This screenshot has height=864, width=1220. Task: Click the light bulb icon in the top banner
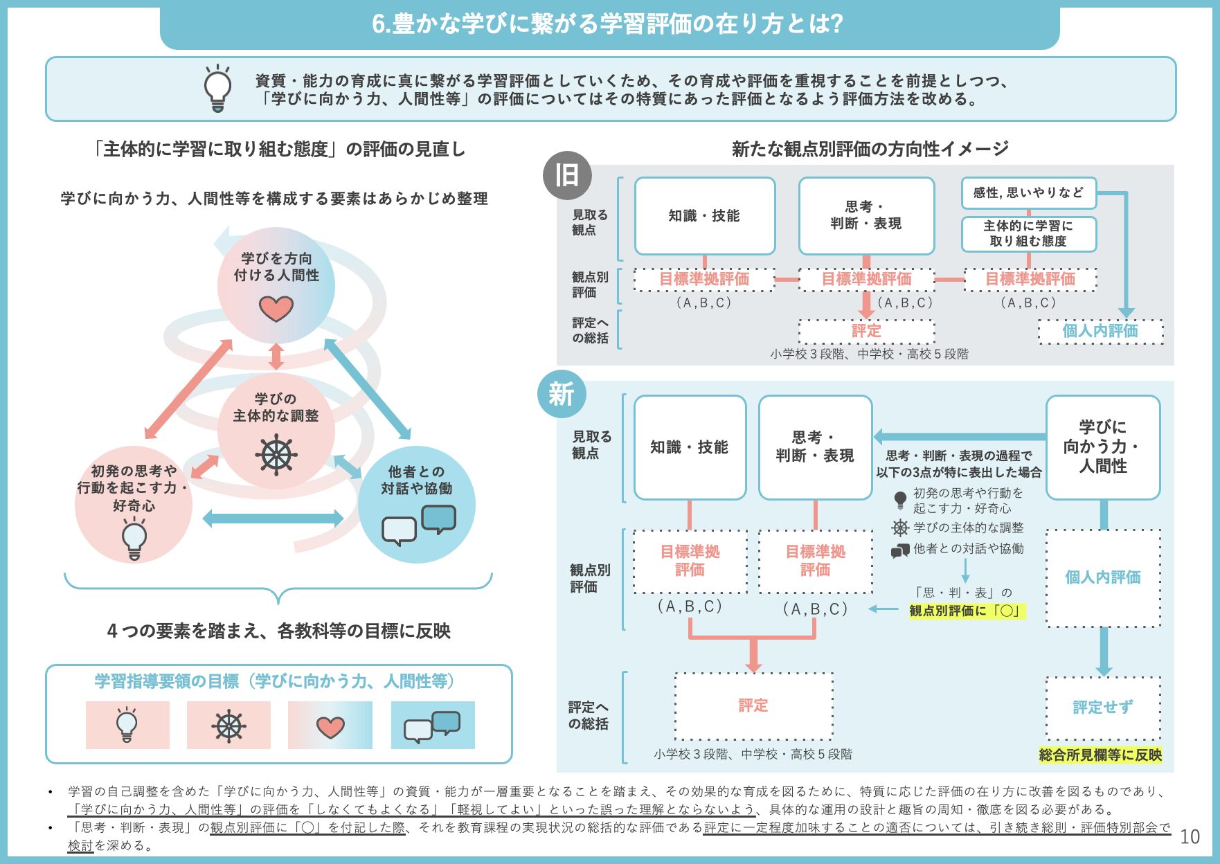217,88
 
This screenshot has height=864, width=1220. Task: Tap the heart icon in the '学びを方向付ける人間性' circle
276,308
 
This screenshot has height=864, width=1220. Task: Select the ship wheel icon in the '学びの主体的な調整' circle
276,455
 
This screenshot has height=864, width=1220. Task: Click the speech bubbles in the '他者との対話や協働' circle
419,525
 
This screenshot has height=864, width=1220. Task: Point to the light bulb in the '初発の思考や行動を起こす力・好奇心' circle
134,539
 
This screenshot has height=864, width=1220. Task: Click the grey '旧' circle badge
567,176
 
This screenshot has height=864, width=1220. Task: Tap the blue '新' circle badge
562,395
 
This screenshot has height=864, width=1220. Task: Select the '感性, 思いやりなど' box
1028,193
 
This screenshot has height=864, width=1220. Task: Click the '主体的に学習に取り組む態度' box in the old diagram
1028,234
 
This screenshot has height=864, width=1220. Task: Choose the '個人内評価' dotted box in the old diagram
1100,331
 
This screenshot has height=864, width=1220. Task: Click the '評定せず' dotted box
1103,708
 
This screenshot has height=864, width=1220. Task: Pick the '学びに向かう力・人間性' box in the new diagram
1103,447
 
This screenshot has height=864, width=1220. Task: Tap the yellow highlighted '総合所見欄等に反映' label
1100,755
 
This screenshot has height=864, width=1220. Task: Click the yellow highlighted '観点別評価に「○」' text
966,611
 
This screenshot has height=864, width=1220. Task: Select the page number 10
1190,837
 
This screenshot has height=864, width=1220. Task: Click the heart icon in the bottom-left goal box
330,726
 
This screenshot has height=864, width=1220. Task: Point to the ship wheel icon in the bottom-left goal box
228,726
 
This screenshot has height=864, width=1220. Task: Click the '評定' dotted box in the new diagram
753,705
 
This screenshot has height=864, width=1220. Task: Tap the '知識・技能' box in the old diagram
704,216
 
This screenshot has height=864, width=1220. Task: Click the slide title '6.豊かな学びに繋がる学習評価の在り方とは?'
608,24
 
